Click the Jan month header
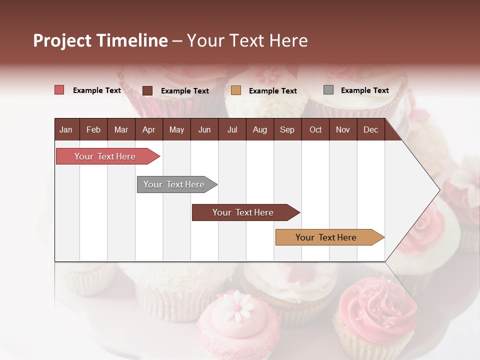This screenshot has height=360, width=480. (66, 130)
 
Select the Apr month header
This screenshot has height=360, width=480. (149, 130)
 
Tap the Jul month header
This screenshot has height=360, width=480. (232, 130)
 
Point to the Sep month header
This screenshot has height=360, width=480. (287, 130)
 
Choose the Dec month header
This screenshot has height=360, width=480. (370, 130)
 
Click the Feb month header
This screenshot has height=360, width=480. (93, 130)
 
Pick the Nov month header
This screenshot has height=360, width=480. (343, 130)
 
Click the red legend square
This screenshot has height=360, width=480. (59, 90)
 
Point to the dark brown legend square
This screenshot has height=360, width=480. (147, 90)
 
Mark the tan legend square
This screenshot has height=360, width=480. (236, 90)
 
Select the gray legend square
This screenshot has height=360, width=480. (328, 90)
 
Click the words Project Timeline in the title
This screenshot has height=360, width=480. (100, 40)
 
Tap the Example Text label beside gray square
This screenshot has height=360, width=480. (364, 90)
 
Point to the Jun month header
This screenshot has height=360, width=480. (204, 130)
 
